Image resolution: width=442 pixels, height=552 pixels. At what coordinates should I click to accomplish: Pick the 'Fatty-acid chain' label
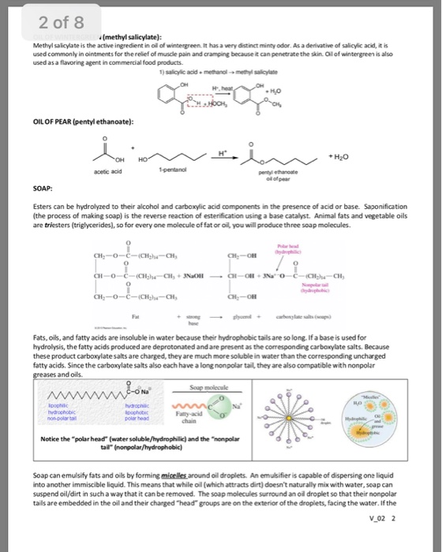(265, 421)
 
